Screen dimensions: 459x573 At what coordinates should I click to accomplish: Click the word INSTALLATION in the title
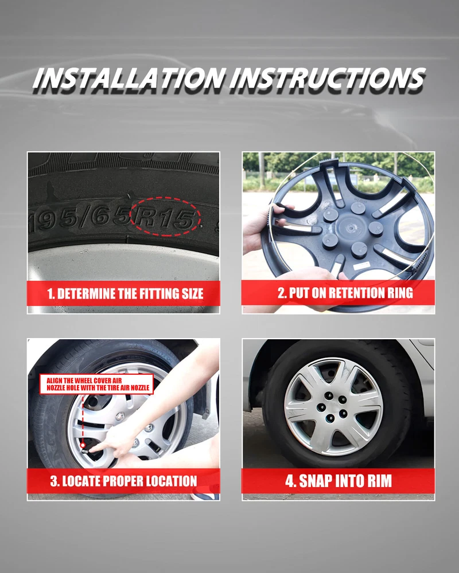pyautogui.click(x=129, y=79)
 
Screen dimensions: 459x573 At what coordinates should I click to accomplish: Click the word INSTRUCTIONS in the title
pyautogui.click(x=328, y=79)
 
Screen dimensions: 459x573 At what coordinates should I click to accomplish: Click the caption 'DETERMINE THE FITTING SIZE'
pyautogui.click(x=130, y=294)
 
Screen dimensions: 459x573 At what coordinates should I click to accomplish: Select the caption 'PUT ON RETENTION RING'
pyautogui.click(x=351, y=293)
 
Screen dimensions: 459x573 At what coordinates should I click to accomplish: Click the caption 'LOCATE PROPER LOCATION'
pyautogui.click(x=130, y=481)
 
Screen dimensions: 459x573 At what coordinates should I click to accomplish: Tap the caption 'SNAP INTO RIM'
pyautogui.click(x=345, y=481)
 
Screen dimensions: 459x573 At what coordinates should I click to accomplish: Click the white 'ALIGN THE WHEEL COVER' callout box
pyautogui.click(x=96, y=384)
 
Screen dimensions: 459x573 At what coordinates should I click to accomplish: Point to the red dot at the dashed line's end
pyautogui.click(x=83, y=445)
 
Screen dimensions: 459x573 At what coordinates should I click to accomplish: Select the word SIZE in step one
pyautogui.click(x=192, y=294)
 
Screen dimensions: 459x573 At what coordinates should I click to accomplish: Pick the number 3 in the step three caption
pyautogui.click(x=53, y=481)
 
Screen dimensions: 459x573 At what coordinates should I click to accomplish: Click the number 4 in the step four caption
pyautogui.click(x=290, y=481)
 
